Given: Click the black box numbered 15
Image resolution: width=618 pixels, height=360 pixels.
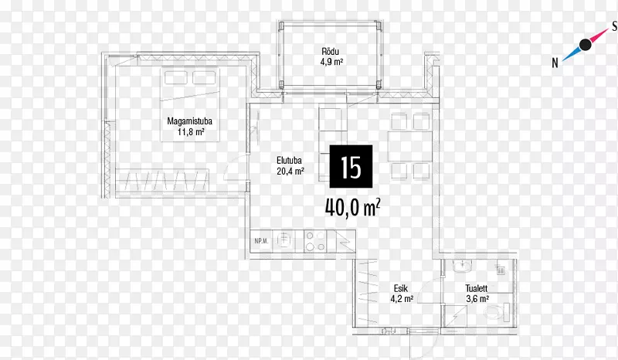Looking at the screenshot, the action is tap(351, 166).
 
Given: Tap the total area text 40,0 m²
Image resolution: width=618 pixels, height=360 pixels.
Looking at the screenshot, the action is tap(353, 207).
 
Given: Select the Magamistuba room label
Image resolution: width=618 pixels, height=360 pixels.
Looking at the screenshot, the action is tap(189, 121).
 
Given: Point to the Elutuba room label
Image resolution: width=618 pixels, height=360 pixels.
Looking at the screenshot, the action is tap(289, 161).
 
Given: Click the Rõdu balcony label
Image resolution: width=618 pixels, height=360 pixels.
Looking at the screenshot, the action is tap(331, 52).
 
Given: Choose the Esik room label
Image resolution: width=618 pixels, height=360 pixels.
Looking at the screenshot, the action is tap(401, 289).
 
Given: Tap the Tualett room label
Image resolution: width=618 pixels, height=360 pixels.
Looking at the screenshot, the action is tap(477, 289).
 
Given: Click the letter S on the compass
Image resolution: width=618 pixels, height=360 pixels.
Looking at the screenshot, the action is tap(614, 26).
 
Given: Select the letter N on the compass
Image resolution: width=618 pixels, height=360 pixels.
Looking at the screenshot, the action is tap(555, 63).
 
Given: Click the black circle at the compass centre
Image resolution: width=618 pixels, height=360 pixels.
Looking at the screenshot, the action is tap(586, 45).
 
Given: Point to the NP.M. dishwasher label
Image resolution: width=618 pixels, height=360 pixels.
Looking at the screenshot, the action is tap(261, 241).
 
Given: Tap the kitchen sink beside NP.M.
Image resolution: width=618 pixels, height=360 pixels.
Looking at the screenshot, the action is tap(285, 240).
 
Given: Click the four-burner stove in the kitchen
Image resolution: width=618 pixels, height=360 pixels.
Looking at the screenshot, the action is tap(315, 241).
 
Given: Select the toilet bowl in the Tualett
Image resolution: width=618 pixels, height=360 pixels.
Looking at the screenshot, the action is tap(496, 311).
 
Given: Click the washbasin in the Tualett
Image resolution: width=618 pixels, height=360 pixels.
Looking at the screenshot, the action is tap(462, 267).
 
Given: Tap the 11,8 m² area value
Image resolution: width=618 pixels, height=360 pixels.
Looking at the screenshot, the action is tap(191, 131).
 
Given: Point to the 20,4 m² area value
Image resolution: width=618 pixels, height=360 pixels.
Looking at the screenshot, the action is tap(290, 172).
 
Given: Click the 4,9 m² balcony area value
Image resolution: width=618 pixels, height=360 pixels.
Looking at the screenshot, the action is tap(331, 62).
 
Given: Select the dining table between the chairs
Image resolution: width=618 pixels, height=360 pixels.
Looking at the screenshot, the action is tap(410, 146).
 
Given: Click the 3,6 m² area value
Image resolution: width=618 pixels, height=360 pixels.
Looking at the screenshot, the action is tap(477, 299).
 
